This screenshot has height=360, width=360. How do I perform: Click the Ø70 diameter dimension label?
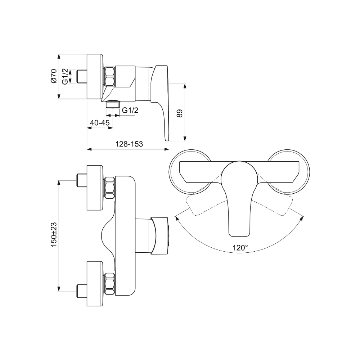click(x=53, y=76)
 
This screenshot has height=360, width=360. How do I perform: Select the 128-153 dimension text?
click(x=129, y=144)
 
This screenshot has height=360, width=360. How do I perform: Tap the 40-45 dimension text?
click(x=100, y=123)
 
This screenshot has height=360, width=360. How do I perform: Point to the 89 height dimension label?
click(x=180, y=113)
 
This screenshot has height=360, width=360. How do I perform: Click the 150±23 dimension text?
click(x=54, y=234)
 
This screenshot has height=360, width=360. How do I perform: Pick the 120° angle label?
click(x=240, y=248)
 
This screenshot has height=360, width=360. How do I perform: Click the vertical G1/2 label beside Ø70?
click(x=65, y=76)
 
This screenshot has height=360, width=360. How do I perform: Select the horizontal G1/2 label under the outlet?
click(x=130, y=111)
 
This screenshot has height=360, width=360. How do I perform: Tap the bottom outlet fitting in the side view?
click(x=113, y=104)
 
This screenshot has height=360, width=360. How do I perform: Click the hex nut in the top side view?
click(x=110, y=77)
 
